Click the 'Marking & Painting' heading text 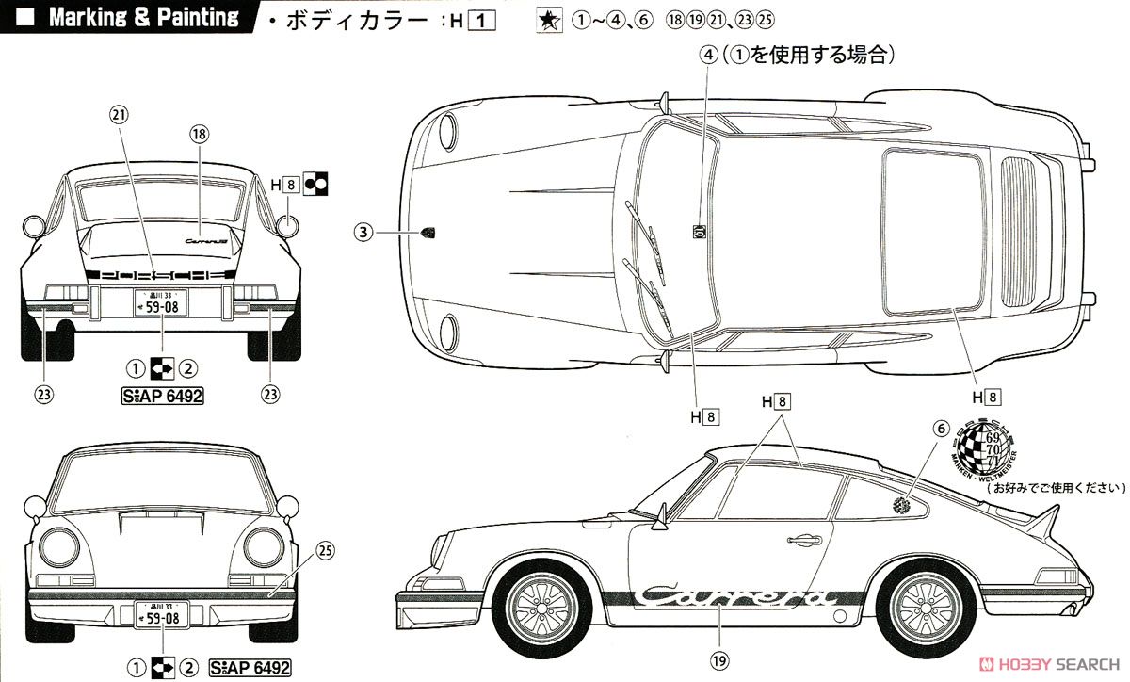[x=143, y=18]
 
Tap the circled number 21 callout [x=119, y=114]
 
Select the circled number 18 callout [x=198, y=134]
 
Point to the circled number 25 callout [x=325, y=549]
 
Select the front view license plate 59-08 [x=158, y=615]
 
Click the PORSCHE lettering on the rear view [x=158, y=275]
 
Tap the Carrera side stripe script [x=735, y=596]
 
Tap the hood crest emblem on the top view [x=428, y=232]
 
